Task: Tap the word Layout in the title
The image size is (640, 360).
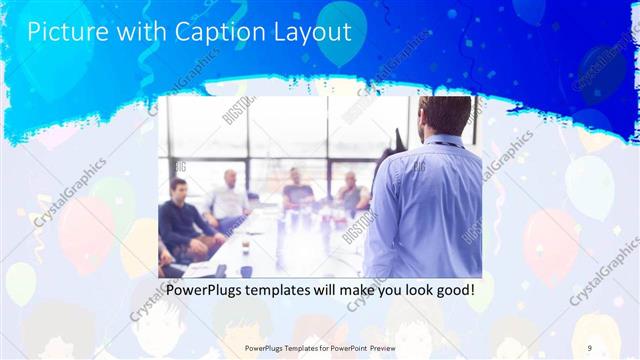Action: point(312,32)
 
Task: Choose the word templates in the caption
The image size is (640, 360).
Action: point(297,291)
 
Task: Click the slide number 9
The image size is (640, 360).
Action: point(590,347)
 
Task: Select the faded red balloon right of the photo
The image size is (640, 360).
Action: point(551,245)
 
